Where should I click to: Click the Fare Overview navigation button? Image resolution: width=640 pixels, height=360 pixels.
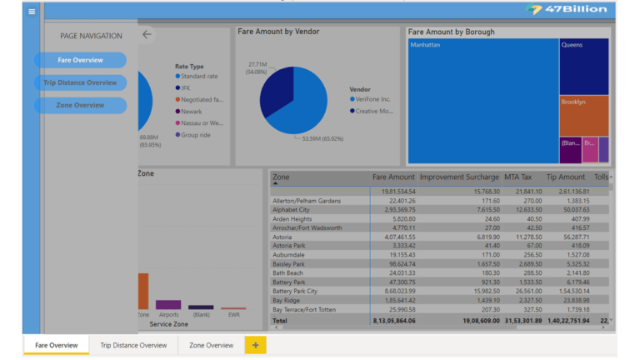[80, 60]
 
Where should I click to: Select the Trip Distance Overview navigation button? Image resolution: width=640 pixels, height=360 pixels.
[80, 82]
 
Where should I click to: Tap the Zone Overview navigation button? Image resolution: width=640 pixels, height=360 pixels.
[80, 105]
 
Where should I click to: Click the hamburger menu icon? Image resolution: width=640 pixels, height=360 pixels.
[32, 12]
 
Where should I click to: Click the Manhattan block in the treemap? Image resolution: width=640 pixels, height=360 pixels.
[482, 100]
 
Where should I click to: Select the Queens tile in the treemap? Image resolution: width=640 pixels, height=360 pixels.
[583, 67]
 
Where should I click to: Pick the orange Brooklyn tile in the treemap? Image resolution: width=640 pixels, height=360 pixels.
[583, 116]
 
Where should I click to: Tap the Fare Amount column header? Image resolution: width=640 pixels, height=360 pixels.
[392, 177]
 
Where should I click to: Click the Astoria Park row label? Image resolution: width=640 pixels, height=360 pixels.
[289, 246]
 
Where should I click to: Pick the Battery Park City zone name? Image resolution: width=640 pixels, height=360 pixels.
[296, 291]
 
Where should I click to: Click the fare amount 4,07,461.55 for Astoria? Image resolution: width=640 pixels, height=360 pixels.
[395, 237]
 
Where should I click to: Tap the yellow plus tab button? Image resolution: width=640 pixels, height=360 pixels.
[255, 345]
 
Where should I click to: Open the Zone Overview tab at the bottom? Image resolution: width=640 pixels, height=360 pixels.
[211, 345]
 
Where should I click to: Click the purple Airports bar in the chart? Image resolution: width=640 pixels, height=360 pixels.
[168, 305]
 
